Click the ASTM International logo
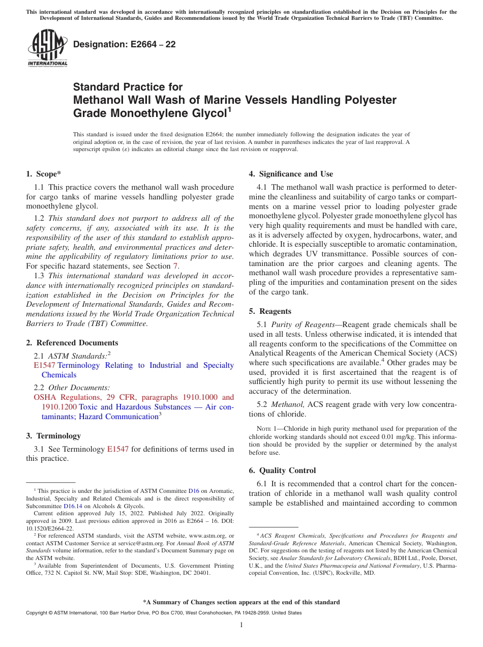click(x=47, y=48)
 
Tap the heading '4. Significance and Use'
click(x=291, y=174)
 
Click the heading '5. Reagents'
click(x=270, y=311)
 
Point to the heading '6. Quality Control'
click(x=282, y=470)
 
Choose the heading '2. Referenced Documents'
click(x=72, y=343)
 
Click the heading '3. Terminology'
click(x=53, y=436)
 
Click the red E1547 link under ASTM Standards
click(x=44, y=365)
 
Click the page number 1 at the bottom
click(x=242, y=625)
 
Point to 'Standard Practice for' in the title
click(x=128, y=87)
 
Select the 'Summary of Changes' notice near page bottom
click(x=241, y=602)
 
